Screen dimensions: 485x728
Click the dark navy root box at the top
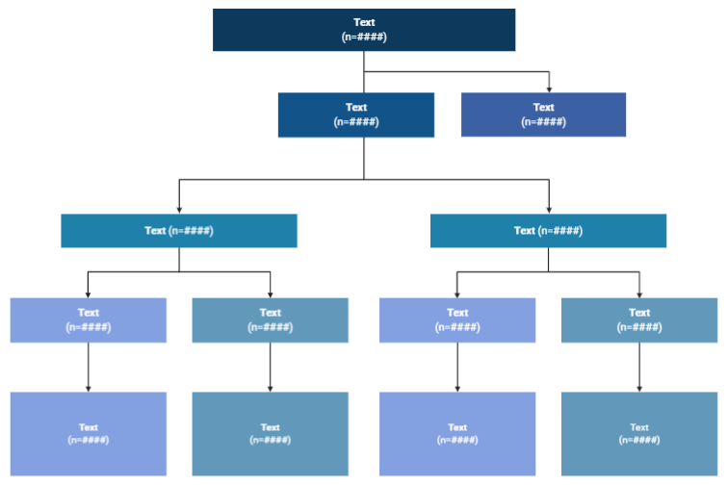click(x=363, y=29)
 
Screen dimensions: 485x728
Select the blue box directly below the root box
click(x=356, y=115)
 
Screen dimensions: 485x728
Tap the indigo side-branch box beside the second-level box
click(x=543, y=115)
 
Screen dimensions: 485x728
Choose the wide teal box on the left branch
click(x=178, y=231)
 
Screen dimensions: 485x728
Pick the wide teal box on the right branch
click(x=548, y=231)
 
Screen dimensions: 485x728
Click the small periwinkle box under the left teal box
click(x=88, y=319)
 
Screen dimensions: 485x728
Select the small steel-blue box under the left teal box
click(x=270, y=319)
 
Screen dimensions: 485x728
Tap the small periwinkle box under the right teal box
click(x=457, y=319)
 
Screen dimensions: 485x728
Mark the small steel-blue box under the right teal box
click(x=639, y=319)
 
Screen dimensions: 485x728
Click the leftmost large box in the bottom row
click(x=88, y=433)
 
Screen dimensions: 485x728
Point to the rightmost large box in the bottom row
click(x=639, y=433)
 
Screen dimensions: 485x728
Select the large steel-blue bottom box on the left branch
click(x=270, y=433)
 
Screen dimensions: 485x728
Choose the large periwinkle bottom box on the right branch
click(x=457, y=433)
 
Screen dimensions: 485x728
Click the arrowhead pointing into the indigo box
click(x=549, y=89)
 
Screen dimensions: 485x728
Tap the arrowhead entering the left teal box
click(x=179, y=210)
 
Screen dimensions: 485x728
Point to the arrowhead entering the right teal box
click(x=549, y=210)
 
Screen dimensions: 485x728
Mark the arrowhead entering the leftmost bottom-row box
click(x=89, y=388)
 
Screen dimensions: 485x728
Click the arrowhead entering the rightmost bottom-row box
click(x=639, y=388)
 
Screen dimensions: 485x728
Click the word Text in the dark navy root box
click(x=364, y=22)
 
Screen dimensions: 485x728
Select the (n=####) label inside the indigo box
click(x=543, y=122)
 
